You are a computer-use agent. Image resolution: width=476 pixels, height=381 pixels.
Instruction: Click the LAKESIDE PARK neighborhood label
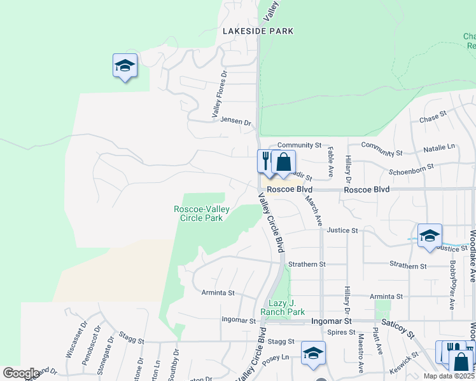(x=258, y=30)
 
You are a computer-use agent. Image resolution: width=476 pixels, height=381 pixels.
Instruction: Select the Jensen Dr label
(x=235, y=120)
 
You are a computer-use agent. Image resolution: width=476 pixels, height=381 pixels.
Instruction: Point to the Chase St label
(x=433, y=119)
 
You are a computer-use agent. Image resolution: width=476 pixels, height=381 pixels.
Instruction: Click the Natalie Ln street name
(x=440, y=147)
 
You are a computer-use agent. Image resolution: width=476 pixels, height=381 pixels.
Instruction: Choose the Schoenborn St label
(x=412, y=167)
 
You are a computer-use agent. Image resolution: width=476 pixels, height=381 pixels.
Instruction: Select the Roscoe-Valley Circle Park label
(x=199, y=213)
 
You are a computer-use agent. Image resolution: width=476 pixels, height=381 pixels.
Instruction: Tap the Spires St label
(x=341, y=332)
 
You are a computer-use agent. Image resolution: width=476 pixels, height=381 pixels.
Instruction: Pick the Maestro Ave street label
(x=360, y=354)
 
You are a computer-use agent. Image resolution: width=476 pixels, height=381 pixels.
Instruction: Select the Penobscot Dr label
(x=86, y=340)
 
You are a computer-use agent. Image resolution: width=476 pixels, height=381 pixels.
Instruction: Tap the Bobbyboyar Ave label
(x=452, y=284)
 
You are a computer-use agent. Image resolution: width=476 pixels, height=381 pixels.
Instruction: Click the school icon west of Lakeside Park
(x=125, y=65)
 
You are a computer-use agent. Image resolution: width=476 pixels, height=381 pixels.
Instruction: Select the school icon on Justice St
(x=430, y=235)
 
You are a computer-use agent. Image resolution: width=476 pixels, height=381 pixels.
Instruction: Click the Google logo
(x=21, y=373)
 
